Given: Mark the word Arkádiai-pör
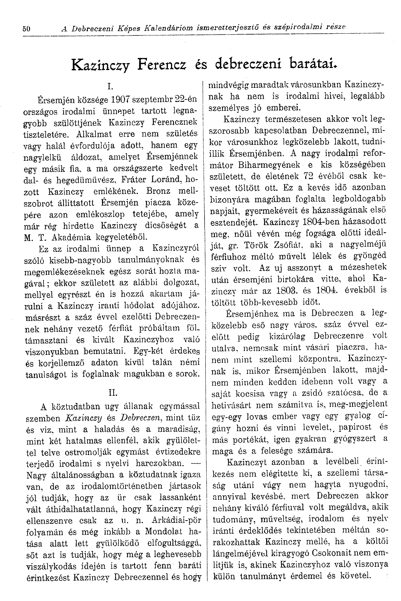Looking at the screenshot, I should [176, 521].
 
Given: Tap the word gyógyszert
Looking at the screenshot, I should [355, 438].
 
